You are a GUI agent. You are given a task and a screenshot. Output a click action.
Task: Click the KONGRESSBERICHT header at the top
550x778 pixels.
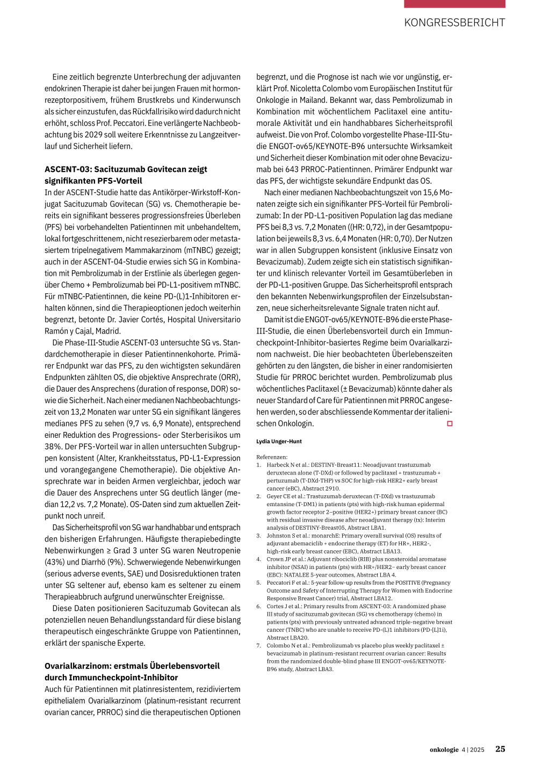click(x=454, y=23)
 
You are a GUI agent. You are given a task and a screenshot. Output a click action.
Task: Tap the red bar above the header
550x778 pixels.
click(x=454, y=4)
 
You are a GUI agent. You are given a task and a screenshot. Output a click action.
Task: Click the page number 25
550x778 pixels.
click(x=500, y=749)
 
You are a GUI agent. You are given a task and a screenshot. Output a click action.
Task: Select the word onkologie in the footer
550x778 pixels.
click(x=444, y=750)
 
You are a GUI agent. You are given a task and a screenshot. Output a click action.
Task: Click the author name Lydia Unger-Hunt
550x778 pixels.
click(x=279, y=442)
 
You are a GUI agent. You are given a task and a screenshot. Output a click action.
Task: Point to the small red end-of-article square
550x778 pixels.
click(x=450, y=424)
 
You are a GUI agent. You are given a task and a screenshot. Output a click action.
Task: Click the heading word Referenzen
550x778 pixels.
click(x=271, y=457)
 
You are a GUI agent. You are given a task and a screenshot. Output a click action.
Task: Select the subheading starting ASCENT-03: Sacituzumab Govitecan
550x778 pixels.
click(x=126, y=169)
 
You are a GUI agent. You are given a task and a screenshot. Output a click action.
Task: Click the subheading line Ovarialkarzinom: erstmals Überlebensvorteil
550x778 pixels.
click(x=132, y=666)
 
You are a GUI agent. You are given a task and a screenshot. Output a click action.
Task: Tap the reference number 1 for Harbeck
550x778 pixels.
click(x=258, y=465)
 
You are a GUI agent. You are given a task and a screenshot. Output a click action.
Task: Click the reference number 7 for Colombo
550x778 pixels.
click(x=258, y=646)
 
